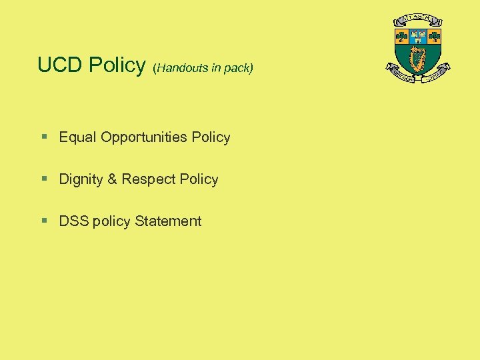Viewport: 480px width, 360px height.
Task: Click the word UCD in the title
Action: pos(60,65)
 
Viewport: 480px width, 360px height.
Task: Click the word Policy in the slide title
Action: pos(117,65)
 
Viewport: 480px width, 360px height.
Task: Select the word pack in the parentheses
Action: pos(238,68)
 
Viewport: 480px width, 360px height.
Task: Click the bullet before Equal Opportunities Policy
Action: pos(44,137)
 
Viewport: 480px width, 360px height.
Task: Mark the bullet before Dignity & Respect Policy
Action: pos(44,179)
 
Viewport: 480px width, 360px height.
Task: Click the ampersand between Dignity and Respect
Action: pos(112,179)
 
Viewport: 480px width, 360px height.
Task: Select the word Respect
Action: pos(144,179)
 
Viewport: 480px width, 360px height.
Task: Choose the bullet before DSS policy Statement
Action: pos(44,221)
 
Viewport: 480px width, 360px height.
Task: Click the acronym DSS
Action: pos(74,221)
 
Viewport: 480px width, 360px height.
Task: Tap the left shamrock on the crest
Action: pos(402,37)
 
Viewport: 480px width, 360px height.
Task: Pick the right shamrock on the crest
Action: pos(435,37)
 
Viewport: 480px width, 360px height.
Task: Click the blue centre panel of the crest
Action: pos(418,36)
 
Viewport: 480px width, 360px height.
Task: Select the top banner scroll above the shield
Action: pos(418,19)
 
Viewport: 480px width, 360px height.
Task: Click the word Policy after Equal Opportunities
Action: pos(211,137)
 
